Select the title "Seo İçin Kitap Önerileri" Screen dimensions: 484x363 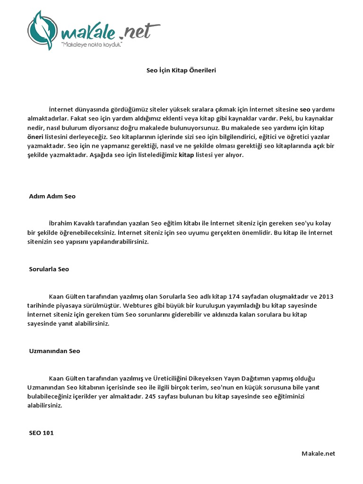coord(181,70)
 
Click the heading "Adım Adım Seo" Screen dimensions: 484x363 coord(52,196)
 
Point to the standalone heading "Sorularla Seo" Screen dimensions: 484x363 coord(49,269)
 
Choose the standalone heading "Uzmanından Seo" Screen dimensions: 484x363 coord(54,351)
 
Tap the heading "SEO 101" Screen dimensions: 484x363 coord(41,432)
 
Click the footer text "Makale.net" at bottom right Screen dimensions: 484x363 coord(318,453)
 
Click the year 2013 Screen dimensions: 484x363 coord(326,297)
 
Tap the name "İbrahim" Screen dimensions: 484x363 coord(60,224)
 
